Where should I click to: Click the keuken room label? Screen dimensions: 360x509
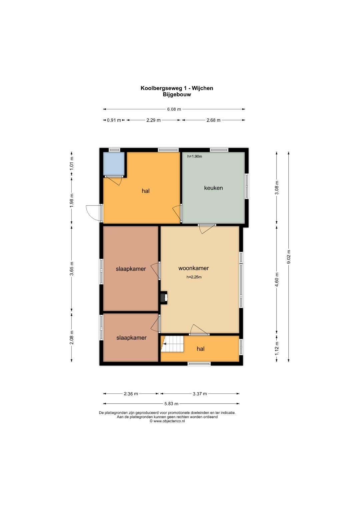tap(213, 188)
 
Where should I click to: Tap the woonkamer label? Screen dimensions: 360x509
tap(193, 268)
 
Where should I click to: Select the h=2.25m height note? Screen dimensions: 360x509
tap(194, 277)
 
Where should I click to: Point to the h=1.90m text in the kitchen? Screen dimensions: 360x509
tap(195, 156)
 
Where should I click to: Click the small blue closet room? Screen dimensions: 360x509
tap(114, 164)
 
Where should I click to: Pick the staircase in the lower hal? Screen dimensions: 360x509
tap(172, 344)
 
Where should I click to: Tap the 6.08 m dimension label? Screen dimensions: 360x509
tap(174, 109)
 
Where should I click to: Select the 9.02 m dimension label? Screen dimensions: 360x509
tap(289, 257)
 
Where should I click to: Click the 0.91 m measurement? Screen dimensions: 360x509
tap(114, 120)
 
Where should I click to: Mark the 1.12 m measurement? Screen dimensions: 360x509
tap(277, 349)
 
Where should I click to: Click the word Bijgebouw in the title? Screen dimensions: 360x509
tap(177, 95)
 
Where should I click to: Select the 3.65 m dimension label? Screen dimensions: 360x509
tap(72, 268)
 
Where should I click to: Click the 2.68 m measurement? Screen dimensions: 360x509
tap(213, 120)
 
